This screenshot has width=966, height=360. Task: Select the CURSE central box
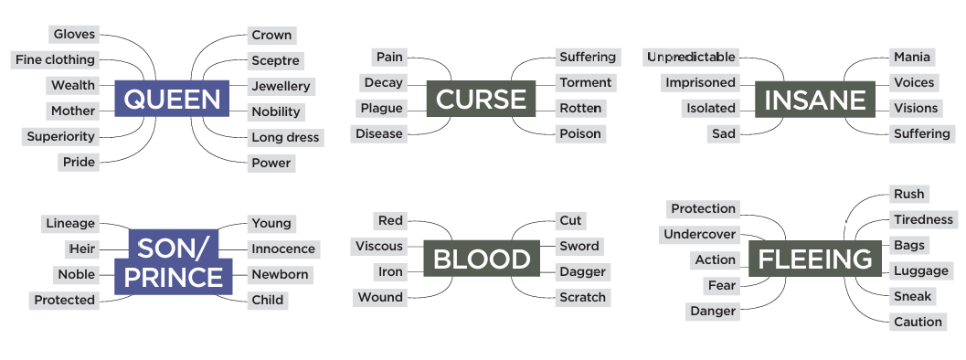click(x=481, y=99)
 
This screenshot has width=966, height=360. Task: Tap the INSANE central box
click(x=813, y=99)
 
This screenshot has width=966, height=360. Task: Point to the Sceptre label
click(x=275, y=61)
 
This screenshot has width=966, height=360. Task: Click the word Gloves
click(x=74, y=35)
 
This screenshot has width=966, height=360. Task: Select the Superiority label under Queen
click(x=60, y=137)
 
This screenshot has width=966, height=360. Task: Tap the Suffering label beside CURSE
click(x=587, y=58)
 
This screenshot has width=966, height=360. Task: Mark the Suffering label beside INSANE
click(x=921, y=134)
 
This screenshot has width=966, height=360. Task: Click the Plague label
click(x=381, y=109)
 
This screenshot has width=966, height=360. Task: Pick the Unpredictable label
click(x=691, y=58)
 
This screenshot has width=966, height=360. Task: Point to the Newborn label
click(x=280, y=275)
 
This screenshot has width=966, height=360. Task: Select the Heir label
click(x=81, y=249)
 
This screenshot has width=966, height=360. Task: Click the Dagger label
click(x=582, y=272)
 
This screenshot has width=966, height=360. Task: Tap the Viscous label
click(x=379, y=247)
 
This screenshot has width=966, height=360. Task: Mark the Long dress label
click(x=285, y=138)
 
